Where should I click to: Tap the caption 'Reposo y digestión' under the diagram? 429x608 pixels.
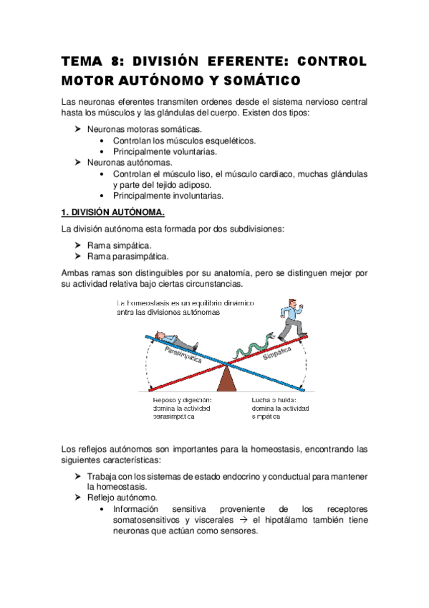tap(182, 400)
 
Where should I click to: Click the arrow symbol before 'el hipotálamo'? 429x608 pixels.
tap(243, 521)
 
